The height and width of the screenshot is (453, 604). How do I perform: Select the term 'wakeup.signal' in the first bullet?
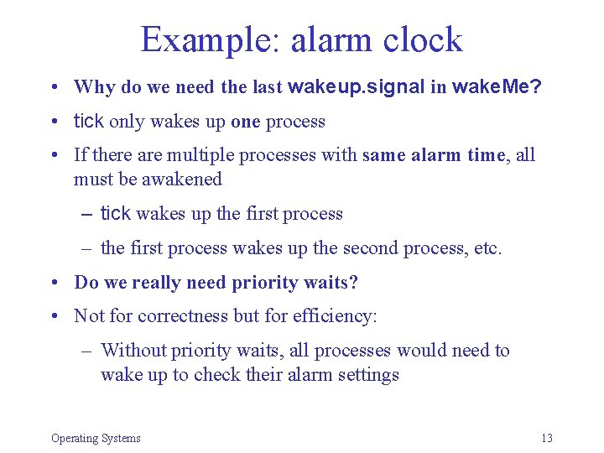click(357, 86)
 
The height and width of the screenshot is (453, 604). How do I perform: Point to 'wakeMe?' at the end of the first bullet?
click(496, 86)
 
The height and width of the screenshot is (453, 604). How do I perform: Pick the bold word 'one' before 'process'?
click(245, 122)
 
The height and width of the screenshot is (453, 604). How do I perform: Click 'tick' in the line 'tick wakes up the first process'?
click(115, 214)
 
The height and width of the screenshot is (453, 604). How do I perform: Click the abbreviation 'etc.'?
click(487, 248)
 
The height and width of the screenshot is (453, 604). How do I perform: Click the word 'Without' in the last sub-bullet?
click(131, 351)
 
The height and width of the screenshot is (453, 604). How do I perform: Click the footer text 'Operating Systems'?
click(96, 438)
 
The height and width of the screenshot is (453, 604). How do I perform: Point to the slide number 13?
click(547, 438)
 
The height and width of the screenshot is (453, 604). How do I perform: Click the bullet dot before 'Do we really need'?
click(53, 284)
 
